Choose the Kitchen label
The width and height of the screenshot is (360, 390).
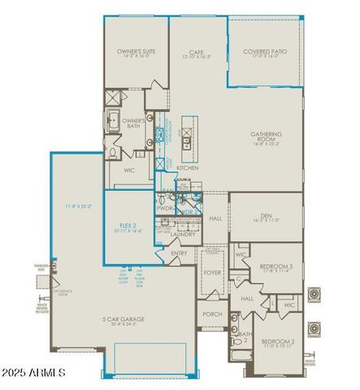pyautogui.click(x=188, y=167)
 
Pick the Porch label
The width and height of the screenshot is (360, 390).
pyautogui.click(x=213, y=314)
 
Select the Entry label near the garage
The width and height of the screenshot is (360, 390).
pyautogui.click(x=179, y=253)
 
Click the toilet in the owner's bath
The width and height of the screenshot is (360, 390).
pyautogui.click(x=114, y=152)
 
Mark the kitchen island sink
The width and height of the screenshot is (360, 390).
pyautogui.click(x=187, y=140)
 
